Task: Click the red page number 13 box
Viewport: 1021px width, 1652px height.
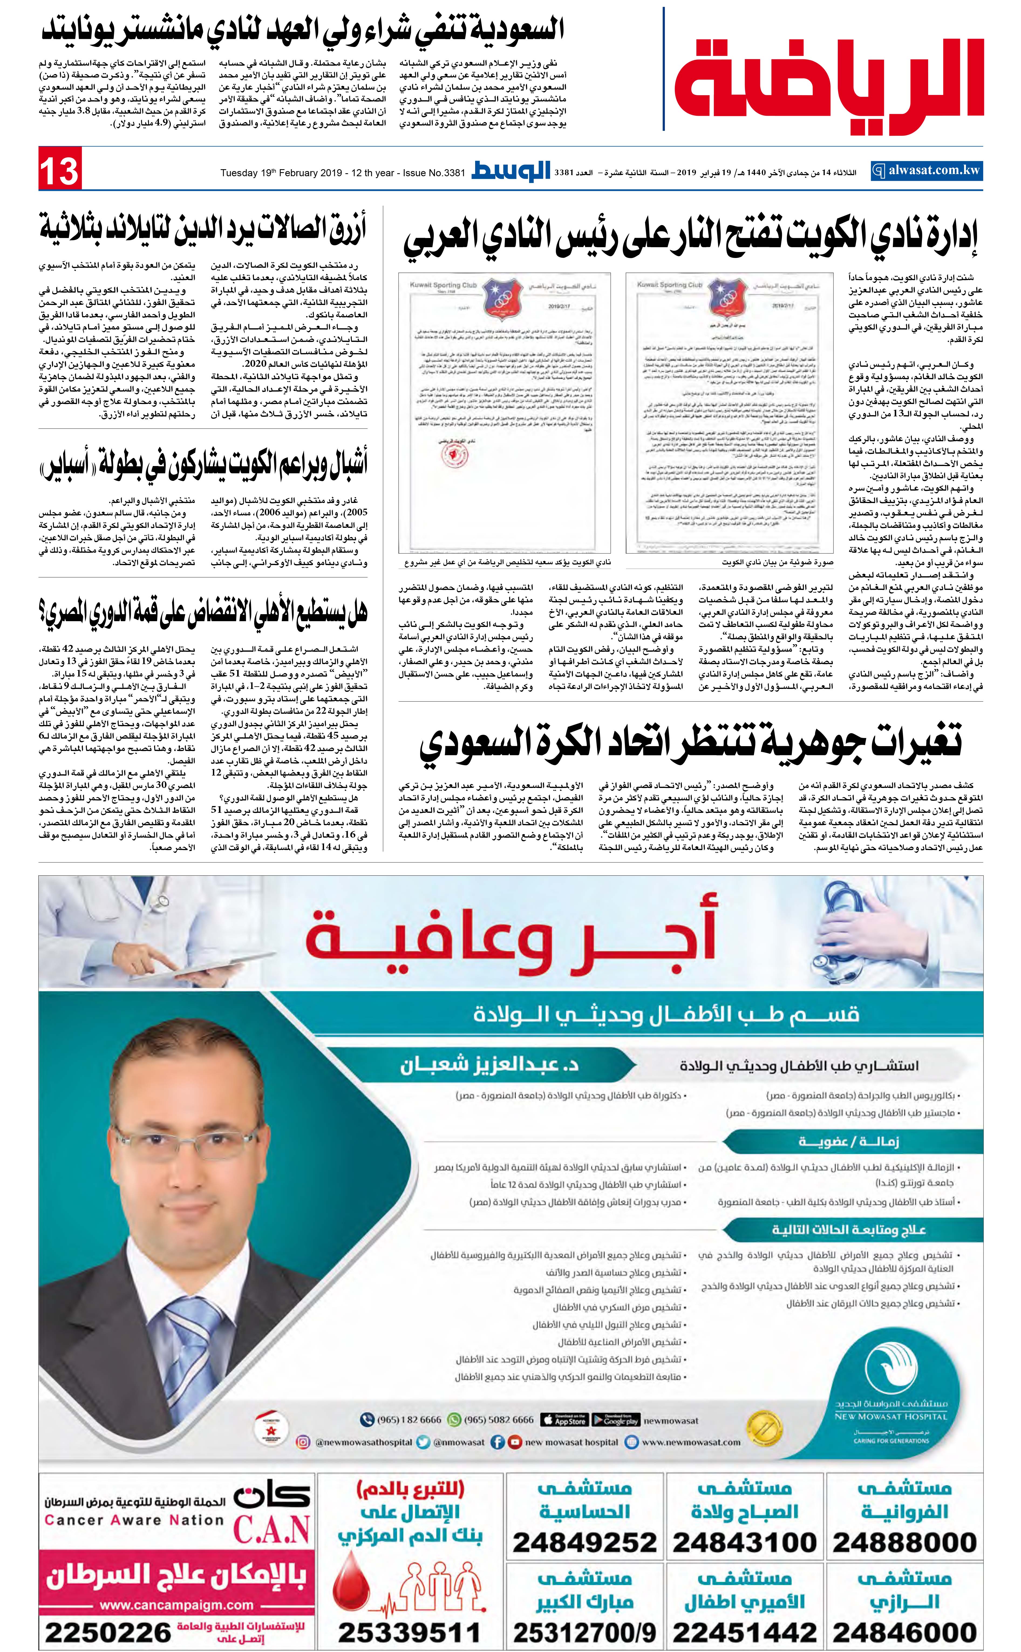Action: click(x=60, y=169)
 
